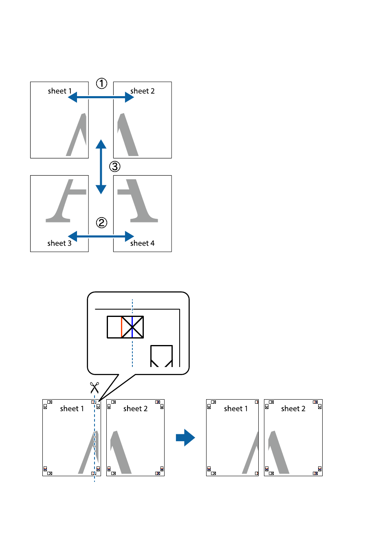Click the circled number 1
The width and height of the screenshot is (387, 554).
coord(101,84)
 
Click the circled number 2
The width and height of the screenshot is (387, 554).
coord(101,222)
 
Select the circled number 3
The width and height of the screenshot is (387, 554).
coord(115,167)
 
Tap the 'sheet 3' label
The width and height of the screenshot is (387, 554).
coord(59,243)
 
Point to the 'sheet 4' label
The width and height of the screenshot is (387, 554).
coord(143,243)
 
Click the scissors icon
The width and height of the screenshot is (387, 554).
coord(95,387)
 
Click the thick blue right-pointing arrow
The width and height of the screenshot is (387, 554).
coord(185,437)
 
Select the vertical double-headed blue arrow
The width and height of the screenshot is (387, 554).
coord(101,167)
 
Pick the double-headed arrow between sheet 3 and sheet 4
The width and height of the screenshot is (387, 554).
coord(101,236)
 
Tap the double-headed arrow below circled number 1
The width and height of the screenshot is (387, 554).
coord(101,97)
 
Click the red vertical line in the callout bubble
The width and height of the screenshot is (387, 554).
coord(121,327)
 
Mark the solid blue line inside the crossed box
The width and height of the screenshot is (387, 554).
coord(132,327)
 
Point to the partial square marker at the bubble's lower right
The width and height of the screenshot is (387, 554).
coord(161,356)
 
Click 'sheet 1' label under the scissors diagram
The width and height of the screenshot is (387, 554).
coord(72,409)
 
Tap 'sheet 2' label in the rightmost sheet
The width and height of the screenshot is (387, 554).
coord(293,409)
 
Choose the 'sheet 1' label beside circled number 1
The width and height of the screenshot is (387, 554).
coord(59,91)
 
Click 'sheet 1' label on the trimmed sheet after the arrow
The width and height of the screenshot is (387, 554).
coord(236,409)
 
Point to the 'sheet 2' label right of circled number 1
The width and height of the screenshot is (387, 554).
coord(143,91)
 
